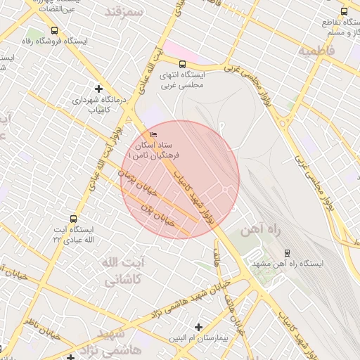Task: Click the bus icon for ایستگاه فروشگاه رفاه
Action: [55, 30]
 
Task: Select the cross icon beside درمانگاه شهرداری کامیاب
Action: [98, 89]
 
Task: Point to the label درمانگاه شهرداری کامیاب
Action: [102, 105]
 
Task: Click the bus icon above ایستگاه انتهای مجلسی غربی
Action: [183, 63]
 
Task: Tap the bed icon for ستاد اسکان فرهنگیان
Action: [154, 134]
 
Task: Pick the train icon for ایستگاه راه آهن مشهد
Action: [287, 252]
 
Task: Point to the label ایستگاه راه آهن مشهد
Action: [286, 264]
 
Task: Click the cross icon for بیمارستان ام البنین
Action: [199, 327]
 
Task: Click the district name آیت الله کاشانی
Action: [124, 271]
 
